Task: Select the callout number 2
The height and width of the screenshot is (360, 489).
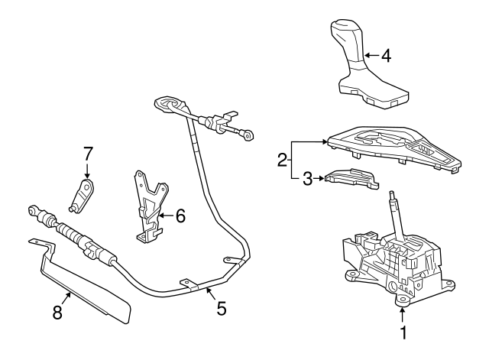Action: click(x=282, y=161)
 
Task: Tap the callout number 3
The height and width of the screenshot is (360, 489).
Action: click(x=307, y=179)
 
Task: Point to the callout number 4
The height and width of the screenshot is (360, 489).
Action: click(x=386, y=56)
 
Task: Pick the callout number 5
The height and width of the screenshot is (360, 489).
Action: click(x=221, y=310)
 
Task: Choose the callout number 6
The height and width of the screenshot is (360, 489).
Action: click(x=180, y=216)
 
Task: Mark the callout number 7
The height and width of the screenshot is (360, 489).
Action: click(x=87, y=152)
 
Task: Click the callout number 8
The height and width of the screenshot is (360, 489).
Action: click(x=57, y=313)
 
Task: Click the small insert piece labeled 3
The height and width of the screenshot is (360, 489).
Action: click(x=351, y=179)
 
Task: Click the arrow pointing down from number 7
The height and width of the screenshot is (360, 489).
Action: click(x=87, y=170)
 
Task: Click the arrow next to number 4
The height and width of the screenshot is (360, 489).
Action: click(x=370, y=56)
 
